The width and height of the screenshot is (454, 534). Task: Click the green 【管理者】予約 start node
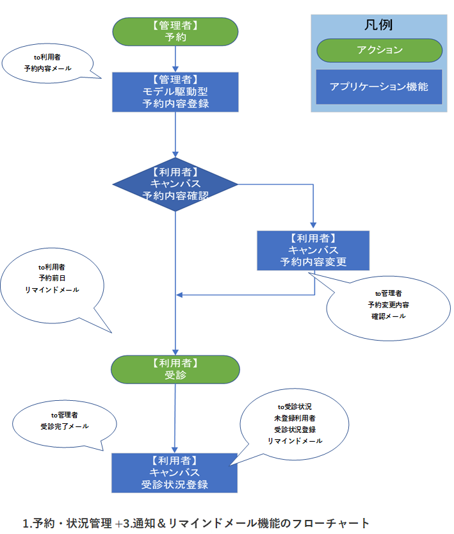coord(175,31)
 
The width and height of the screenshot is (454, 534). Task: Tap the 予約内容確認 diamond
coord(175,184)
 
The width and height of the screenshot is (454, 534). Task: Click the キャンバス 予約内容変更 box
coord(314,250)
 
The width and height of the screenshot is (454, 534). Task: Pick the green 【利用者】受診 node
coord(175,369)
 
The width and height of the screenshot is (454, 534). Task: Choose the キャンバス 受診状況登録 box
coord(175,473)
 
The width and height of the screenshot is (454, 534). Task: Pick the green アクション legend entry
coord(378,51)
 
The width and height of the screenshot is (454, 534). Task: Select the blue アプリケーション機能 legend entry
coord(378,86)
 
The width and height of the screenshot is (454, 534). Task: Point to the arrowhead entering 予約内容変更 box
coord(314,227)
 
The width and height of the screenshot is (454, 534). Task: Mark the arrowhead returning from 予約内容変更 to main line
coord(180,295)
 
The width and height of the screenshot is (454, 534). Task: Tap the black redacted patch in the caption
coord(197,522)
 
